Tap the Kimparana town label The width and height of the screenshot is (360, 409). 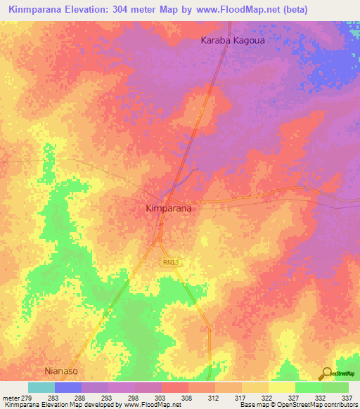pyautogui.click(x=169, y=209)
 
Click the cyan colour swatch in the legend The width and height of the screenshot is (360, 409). pyautogui.click(x=41, y=387)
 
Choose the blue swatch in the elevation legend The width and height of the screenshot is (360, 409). pyautogui.click(x=68, y=387)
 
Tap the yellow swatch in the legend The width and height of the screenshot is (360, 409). pyautogui.click(x=255, y=387)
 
